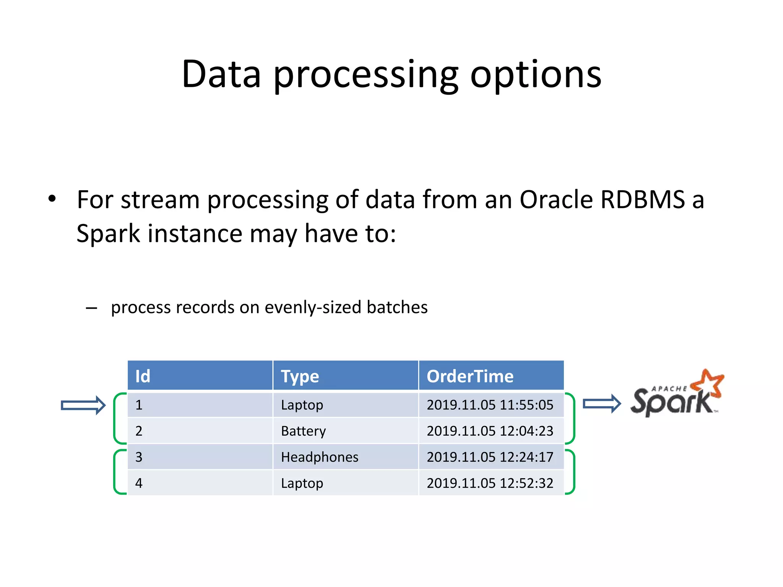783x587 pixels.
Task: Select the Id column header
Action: click(x=143, y=376)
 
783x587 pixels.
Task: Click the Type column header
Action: click(x=300, y=376)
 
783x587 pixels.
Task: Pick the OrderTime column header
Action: click(x=470, y=376)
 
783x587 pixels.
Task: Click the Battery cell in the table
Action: click(x=303, y=431)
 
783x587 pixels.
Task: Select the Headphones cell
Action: click(x=320, y=457)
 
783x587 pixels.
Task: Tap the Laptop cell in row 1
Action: click(x=302, y=405)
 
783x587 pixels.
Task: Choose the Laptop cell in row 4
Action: click(x=302, y=483)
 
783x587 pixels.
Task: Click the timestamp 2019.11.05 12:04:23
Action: click(x=490, y=431)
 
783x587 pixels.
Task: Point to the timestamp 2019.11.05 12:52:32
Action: click(x=490, y=483)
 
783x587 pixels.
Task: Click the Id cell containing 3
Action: click(x=139, y=457)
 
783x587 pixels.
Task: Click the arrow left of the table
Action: click(x=83, y=405)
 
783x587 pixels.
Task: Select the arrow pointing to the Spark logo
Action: click(x=602, y=404)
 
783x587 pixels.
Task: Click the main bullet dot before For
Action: click(x=52, y=199)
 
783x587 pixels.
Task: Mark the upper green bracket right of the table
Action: click(x=571, y=418)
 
